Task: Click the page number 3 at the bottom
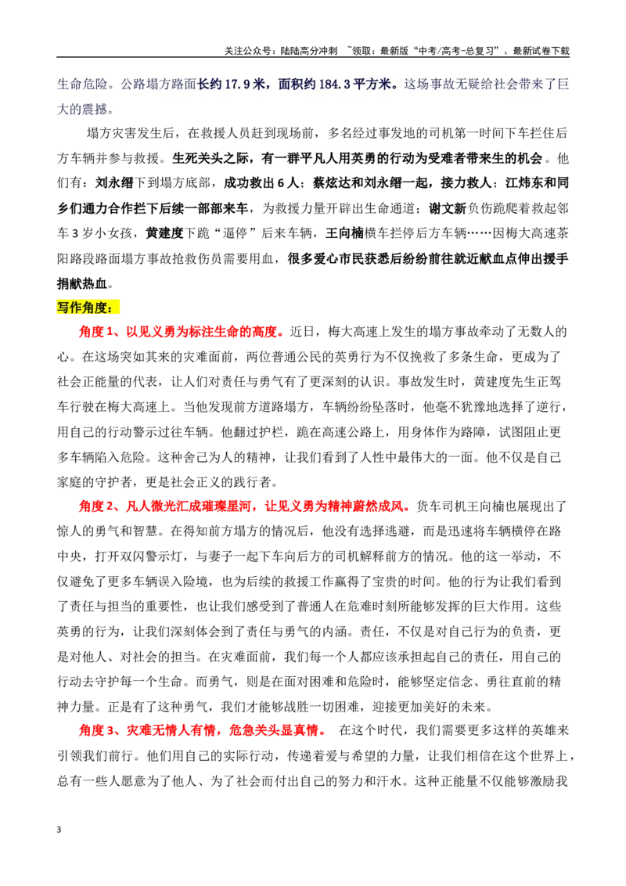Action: pos(59,830)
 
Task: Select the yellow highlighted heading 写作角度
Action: pos(88,308)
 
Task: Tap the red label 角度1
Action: pos(95,332)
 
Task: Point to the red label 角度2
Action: pos(95,506)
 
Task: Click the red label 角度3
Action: pos(95,730)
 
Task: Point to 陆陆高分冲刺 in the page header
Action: pos(308,51)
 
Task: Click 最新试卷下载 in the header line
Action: pos(541,51)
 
